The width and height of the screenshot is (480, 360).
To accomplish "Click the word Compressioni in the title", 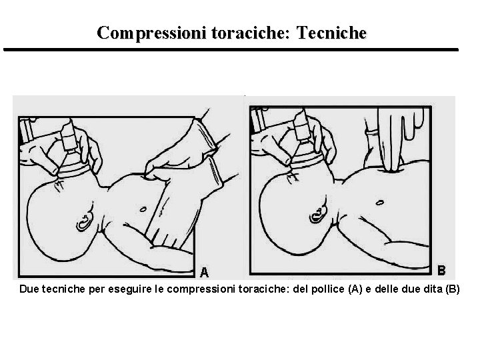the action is (x=151, y=33).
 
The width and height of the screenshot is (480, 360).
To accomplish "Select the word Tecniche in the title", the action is (x=331, y=33).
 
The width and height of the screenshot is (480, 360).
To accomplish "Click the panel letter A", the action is (x=204, y=272).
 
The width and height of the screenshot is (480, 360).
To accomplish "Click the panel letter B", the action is (x=441, y=271).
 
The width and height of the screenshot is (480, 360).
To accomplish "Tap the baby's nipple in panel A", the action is (x=143, y=210).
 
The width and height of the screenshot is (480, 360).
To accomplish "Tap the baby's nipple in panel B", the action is (x=379, y=203).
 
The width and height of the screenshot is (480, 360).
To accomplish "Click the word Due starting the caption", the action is (x=29, y=289).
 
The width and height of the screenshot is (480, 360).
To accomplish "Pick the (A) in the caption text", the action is (x=355, y=289).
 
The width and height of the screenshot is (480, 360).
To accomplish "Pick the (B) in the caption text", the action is (x=453, y=289).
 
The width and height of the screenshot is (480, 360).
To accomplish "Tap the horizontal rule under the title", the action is (x=231, y=49).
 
